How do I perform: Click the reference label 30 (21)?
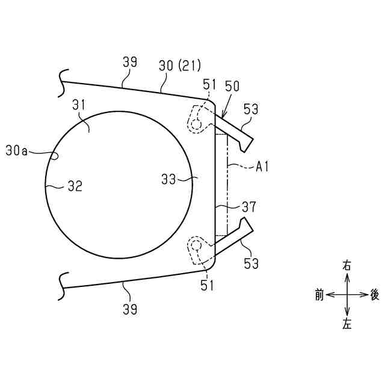(180, 66)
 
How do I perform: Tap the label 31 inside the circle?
(79, 105)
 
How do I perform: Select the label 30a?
(16, 150)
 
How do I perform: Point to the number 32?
(75, 186)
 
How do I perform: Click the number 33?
(168, 179)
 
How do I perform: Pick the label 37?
(249, 207)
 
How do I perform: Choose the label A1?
(262, 167)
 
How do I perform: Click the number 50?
(232, 86)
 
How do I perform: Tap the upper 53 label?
(251, 109)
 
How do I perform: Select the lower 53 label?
(251, 263)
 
